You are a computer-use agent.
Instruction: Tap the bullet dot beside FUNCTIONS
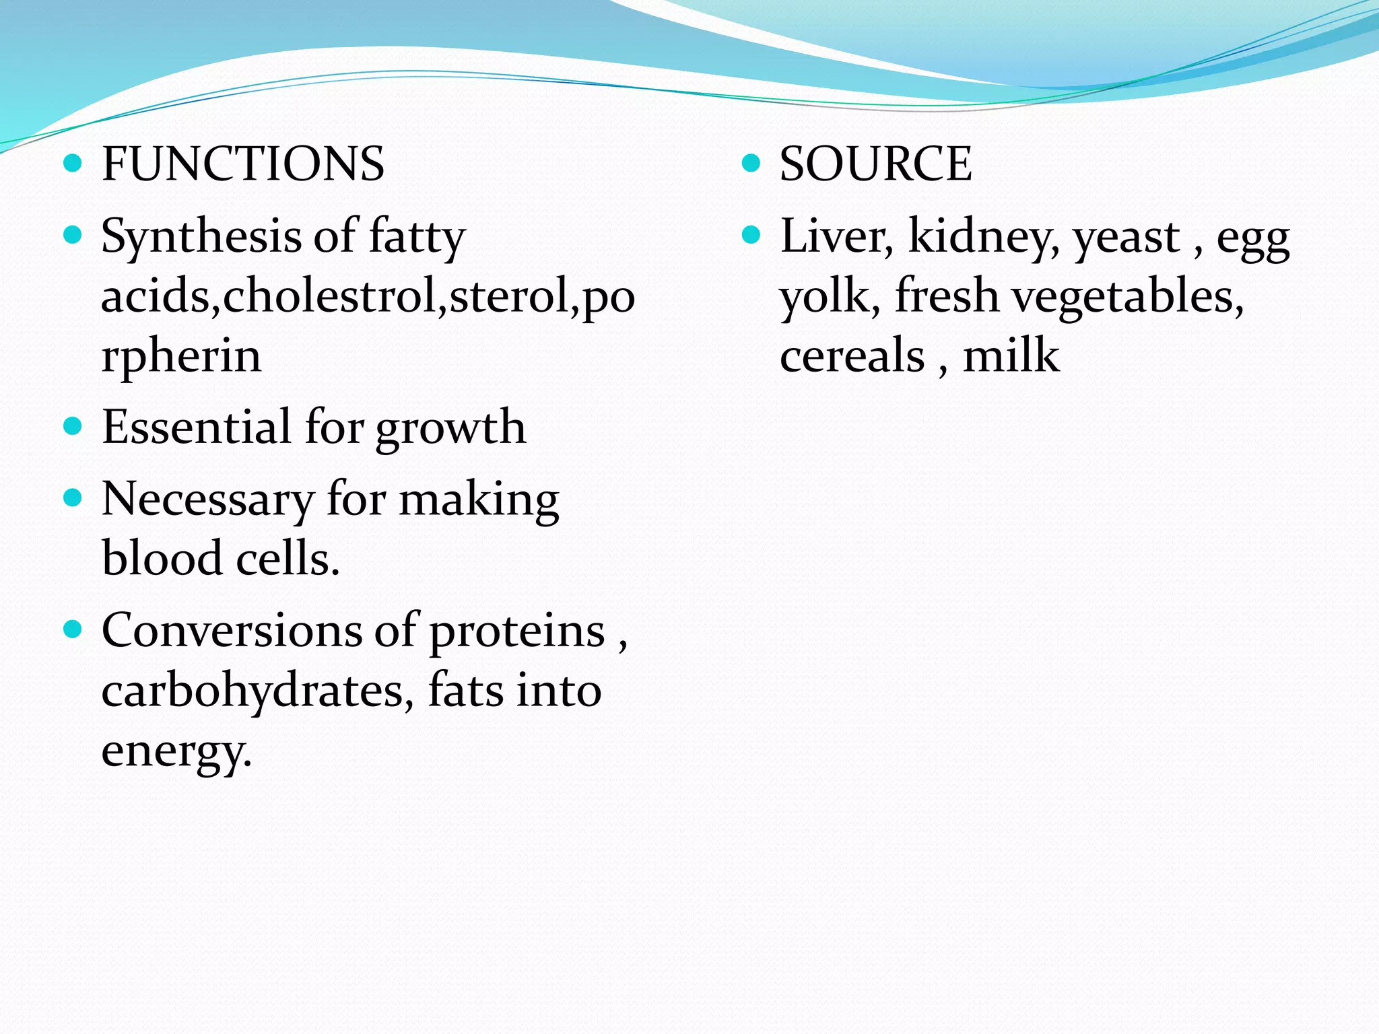(x=73, y=163)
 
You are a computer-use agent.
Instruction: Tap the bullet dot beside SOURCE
(x=751, y=163)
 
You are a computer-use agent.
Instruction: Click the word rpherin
(x=180, y=356)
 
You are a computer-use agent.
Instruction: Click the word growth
(x=450, y=429)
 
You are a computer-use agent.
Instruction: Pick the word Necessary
(x=207, y=500)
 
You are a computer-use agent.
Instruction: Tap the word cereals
(x=852, y=356)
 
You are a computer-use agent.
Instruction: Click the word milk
(x=1011, y=355)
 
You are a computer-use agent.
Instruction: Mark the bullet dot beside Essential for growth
(x=73, y=426)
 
